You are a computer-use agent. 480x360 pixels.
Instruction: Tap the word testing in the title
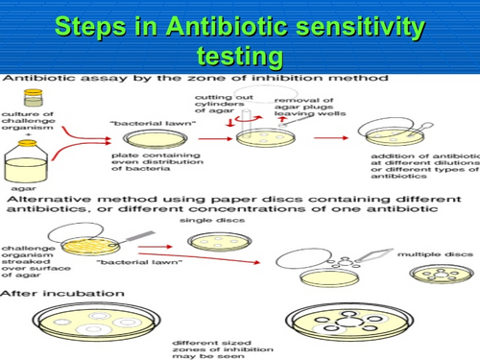[239, 56]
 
